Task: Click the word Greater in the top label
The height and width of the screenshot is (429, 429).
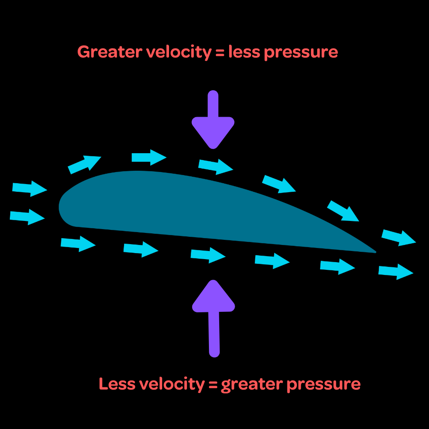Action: tap(109, 52)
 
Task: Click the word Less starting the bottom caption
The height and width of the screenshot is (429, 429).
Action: tap(116, 384)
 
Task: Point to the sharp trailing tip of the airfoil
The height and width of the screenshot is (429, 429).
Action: tap(374, 251)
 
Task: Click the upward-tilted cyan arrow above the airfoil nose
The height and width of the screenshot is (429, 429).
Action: tap(85, 164)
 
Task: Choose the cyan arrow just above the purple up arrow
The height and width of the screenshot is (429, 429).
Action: tap(208, 255)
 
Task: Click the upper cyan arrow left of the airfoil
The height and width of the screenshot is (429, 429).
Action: tap(29, 188)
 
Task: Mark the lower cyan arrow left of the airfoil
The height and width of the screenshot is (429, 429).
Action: tap(27, 217)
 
